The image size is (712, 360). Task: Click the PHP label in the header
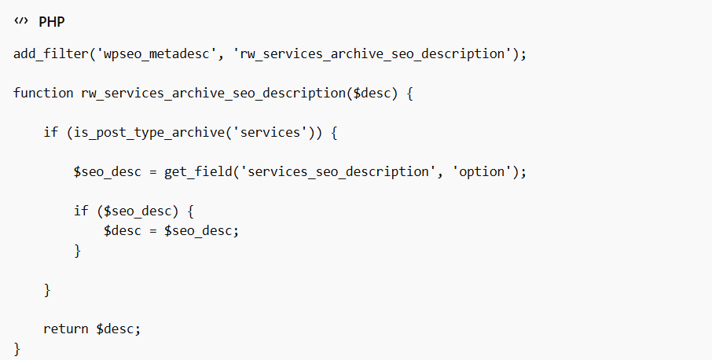point(51,22)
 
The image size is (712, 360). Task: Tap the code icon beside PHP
point(21,21)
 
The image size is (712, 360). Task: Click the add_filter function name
point(51,54)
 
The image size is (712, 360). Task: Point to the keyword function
point(43,93)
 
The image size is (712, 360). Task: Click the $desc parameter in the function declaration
point(372,93)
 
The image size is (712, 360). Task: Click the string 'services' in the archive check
point(270,133)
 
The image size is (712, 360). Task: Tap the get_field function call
point(198,172)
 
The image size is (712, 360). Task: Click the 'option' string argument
point(481,172)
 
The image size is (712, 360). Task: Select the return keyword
point(66,329)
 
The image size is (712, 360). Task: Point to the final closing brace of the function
point(17,349)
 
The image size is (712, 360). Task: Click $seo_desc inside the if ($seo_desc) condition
point(138,211)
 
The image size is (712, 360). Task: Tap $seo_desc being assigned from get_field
point(108,172)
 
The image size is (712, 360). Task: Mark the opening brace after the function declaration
point(409,94)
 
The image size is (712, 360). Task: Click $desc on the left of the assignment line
point(123,230)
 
